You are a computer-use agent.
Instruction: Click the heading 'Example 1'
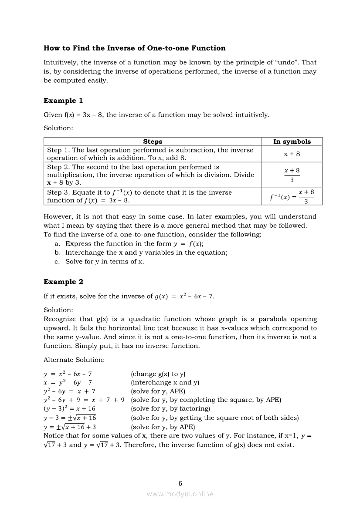point(63,101)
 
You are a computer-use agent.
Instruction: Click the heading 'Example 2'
point(63,282)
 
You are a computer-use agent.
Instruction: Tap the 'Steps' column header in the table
point(153,142)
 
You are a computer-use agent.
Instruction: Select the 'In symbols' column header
point(292,142)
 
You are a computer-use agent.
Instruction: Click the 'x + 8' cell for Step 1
point(292,154)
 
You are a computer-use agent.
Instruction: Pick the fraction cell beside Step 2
point(292,175)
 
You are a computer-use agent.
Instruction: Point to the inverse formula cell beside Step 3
point(292,196)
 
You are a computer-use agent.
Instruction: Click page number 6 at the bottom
point(180,483)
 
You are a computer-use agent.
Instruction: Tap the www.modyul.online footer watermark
point(180,494)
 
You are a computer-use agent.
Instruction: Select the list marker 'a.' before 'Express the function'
point(57,244)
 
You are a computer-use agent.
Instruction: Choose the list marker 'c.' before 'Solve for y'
point(57,262)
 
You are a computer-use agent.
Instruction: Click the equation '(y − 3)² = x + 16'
point(69,409)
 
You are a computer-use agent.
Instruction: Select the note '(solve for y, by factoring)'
point(170,409)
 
